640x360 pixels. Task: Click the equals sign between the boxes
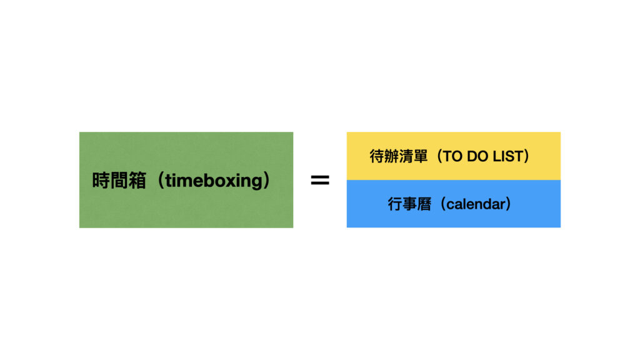pos(320,180)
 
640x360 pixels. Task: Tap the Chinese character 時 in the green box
pos(101,181)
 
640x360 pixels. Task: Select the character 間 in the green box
pos(119,181)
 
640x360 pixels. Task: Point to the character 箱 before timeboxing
pos(137,181)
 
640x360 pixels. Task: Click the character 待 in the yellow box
pos(377,156)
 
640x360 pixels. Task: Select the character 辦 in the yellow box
pos(391,156)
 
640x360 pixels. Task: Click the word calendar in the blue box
pos(476,204)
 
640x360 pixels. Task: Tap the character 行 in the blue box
pos(395,204)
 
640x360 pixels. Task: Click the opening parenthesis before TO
pos(439,156)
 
